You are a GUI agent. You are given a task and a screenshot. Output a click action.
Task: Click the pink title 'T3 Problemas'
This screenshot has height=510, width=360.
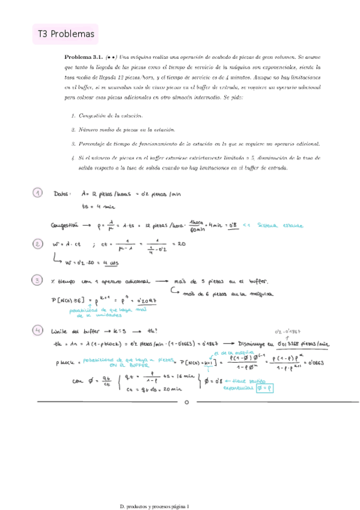(x=64, y=35)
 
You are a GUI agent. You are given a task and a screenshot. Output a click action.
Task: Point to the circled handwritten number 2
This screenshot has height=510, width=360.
(x=38, y=244)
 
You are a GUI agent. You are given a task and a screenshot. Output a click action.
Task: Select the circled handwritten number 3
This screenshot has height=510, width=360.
(x=38, y=280)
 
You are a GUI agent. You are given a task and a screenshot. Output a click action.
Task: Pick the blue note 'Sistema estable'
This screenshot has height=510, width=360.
(x=269, y=226)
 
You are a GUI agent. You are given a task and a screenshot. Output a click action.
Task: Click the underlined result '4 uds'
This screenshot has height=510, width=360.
(x=109, y=263)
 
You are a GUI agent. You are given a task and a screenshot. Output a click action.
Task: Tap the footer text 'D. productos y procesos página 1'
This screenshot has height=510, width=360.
(x=155, y=490)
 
